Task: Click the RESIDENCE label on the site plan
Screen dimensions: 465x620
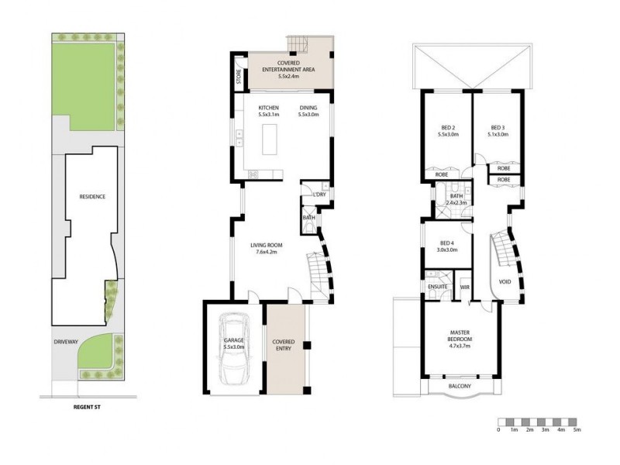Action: (x=92, y=196)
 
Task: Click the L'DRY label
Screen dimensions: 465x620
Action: (x=319, y=195)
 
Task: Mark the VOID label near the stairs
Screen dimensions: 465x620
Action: (x=505, y=281)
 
